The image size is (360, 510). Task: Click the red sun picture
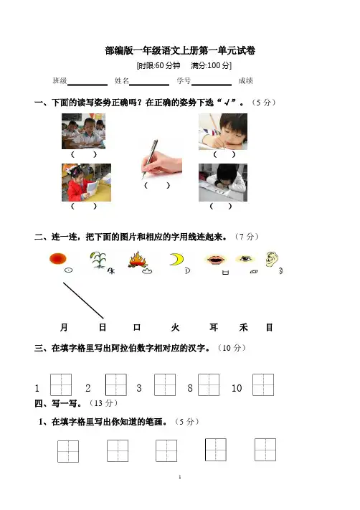58,259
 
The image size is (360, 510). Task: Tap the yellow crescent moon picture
177,259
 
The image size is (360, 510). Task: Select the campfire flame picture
138,260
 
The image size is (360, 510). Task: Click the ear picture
272,259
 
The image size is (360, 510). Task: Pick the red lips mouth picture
215,260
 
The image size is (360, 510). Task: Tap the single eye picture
245,259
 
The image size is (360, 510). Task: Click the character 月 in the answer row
64,327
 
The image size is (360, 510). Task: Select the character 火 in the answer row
175,327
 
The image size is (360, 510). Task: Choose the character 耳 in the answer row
214,327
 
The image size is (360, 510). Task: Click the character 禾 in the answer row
244,327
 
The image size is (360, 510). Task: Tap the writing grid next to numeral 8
209,384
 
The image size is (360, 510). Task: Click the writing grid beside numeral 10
263,384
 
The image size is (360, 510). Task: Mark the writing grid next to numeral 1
61,384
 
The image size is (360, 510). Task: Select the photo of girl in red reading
86,182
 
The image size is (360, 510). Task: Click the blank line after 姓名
149,85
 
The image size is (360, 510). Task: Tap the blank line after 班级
87,85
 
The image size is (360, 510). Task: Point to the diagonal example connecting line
83,301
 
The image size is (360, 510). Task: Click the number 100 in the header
214,66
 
